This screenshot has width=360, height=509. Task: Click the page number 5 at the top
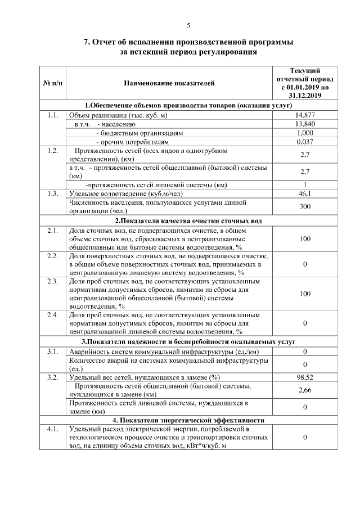(188, 25)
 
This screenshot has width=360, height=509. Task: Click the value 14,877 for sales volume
(304, 115)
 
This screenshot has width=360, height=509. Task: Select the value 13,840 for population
(304, 124)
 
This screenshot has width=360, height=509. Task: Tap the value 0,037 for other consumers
(304, 142)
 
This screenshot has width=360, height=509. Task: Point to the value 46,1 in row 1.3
(304, 193)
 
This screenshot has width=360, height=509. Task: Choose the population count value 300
(304, 206)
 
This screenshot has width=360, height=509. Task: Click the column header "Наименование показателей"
(169, 84)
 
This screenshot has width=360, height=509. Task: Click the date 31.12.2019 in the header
(304, 97)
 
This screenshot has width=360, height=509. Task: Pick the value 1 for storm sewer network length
(304, 184)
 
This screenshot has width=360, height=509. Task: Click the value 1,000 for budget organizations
(304, 133)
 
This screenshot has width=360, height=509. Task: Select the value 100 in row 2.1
(304, 239)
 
